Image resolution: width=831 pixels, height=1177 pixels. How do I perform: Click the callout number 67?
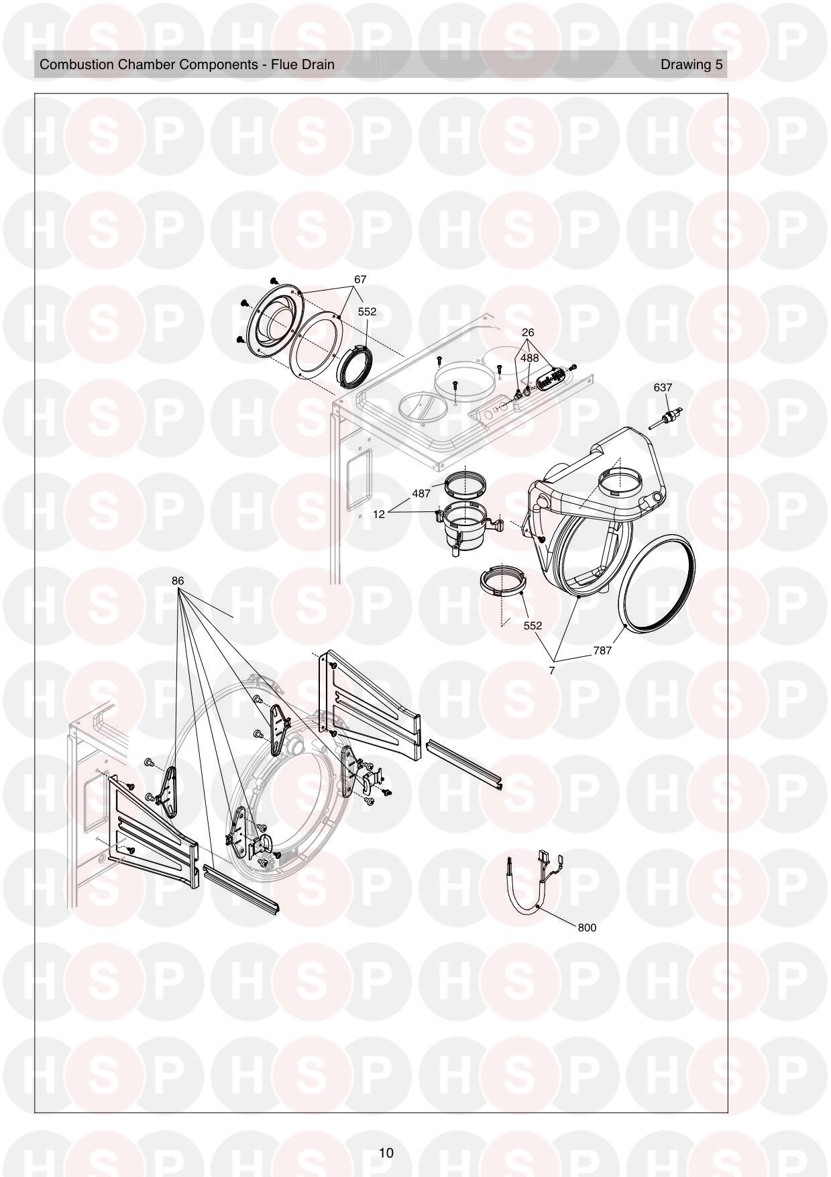click(x=360, y=279)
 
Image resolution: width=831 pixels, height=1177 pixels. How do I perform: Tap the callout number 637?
click(x=663, y=387)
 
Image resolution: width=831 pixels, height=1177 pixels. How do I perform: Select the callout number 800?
click(x=586, y=927)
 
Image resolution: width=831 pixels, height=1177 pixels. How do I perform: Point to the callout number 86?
click(x=178, y=580)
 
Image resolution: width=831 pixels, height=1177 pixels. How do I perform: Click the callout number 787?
click(x=602, y=650)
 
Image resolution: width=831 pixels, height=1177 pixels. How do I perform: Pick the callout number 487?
click(x=421, y=493)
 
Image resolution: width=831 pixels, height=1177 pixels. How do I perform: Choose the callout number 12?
click(x=379, y=514)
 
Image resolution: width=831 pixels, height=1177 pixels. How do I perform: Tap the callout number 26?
click(x=528, y=332)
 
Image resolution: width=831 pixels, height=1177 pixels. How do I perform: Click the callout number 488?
click(x=530, y=358)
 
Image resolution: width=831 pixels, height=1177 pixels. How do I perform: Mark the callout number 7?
click(x=552, y=670)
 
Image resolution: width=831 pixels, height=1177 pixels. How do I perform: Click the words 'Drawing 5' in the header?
click(x=691, y=64)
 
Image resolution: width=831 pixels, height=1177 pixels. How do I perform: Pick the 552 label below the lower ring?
click(x=533, y=625)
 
